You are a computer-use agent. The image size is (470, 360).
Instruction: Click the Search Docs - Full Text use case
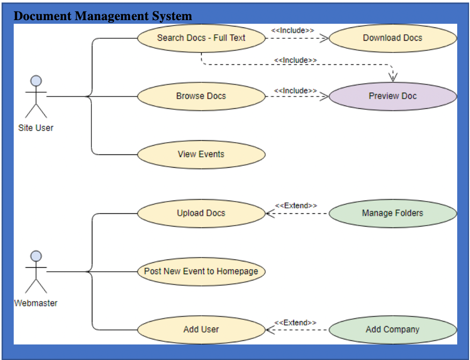coord(201,38)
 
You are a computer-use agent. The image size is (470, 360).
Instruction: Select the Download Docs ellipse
coord(392,38)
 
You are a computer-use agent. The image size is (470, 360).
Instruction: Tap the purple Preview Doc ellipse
coord(392,96)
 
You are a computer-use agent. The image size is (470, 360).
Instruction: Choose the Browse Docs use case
coord(201,96)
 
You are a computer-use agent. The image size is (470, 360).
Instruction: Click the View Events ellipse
coord(201,154)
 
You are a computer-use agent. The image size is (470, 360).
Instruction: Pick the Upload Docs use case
coord(201,213)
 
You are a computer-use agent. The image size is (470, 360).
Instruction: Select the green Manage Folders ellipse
coord(392,213)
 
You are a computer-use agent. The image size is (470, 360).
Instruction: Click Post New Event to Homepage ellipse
coord(201,271)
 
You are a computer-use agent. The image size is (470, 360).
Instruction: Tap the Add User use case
coord(201,329)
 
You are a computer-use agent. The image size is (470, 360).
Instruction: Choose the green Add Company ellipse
coord(392,329)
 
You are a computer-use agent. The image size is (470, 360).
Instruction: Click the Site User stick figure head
coord(36,81)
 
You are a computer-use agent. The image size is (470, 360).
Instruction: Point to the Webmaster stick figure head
coord(36,256)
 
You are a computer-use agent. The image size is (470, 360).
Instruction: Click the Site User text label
coord(36,128)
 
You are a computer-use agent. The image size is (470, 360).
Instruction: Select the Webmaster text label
coord(36,303)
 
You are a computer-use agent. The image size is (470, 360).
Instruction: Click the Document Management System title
coord(103,16)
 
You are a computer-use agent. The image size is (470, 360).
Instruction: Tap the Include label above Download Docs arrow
coord(293,30)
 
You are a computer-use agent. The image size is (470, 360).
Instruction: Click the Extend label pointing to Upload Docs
coord(296,206)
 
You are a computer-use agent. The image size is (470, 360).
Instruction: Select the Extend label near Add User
coord(295,323)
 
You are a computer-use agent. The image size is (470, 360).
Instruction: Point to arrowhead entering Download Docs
coord(324,38)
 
